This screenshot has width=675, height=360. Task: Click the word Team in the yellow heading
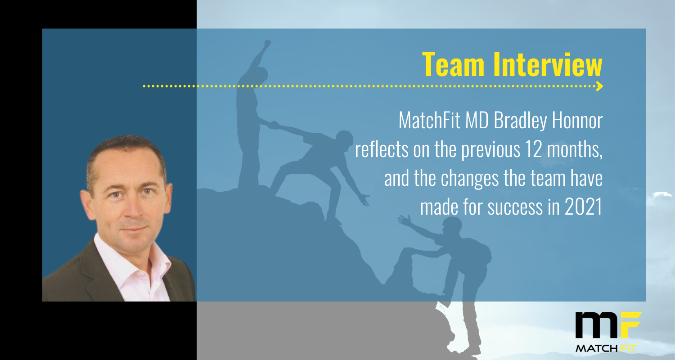453,64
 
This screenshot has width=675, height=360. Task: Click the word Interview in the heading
548,64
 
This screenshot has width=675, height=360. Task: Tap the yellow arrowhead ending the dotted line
599,86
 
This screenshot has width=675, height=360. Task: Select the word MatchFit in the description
429,120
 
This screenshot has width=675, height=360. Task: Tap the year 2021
583,207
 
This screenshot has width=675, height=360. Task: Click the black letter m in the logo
596,325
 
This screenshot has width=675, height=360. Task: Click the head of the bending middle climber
344,139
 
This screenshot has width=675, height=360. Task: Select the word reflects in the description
382,149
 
